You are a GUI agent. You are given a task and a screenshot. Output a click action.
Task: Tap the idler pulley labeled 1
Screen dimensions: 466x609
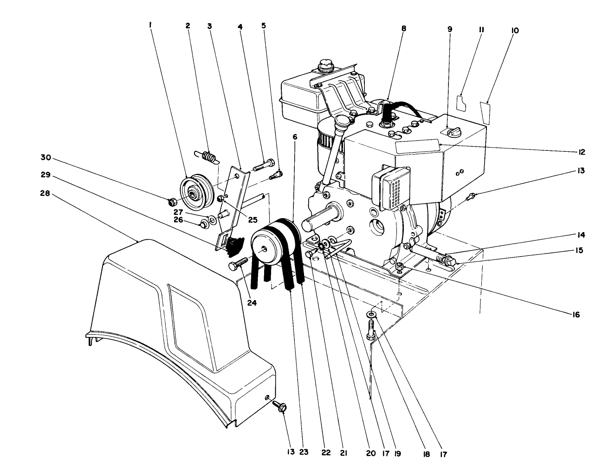coord(195,191)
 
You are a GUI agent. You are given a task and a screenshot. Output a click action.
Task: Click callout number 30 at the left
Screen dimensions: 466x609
coord(45,157)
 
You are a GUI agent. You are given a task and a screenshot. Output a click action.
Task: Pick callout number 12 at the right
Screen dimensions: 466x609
coord(581,152)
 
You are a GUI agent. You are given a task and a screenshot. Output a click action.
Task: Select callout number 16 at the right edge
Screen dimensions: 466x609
coord(576,314)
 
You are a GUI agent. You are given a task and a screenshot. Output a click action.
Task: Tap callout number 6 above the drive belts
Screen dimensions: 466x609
coord(295,136)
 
